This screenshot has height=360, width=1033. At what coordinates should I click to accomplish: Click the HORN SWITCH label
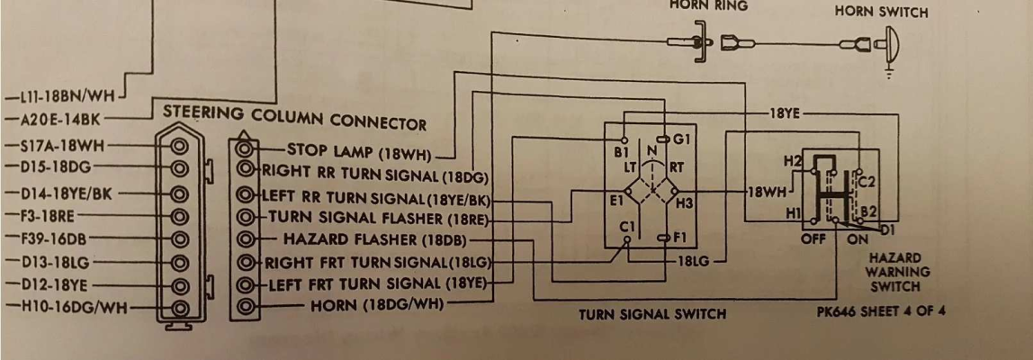(881, 12)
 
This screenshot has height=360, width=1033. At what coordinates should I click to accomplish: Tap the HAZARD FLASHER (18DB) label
(375, 240)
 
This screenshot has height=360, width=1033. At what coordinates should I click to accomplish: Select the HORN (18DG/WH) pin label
(377, 305)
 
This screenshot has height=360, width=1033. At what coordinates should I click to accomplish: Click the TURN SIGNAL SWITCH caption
(653, 313)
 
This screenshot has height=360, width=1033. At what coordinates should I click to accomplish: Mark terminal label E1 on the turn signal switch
(617, 202)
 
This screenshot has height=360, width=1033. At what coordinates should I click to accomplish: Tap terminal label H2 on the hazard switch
(792, 160)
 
